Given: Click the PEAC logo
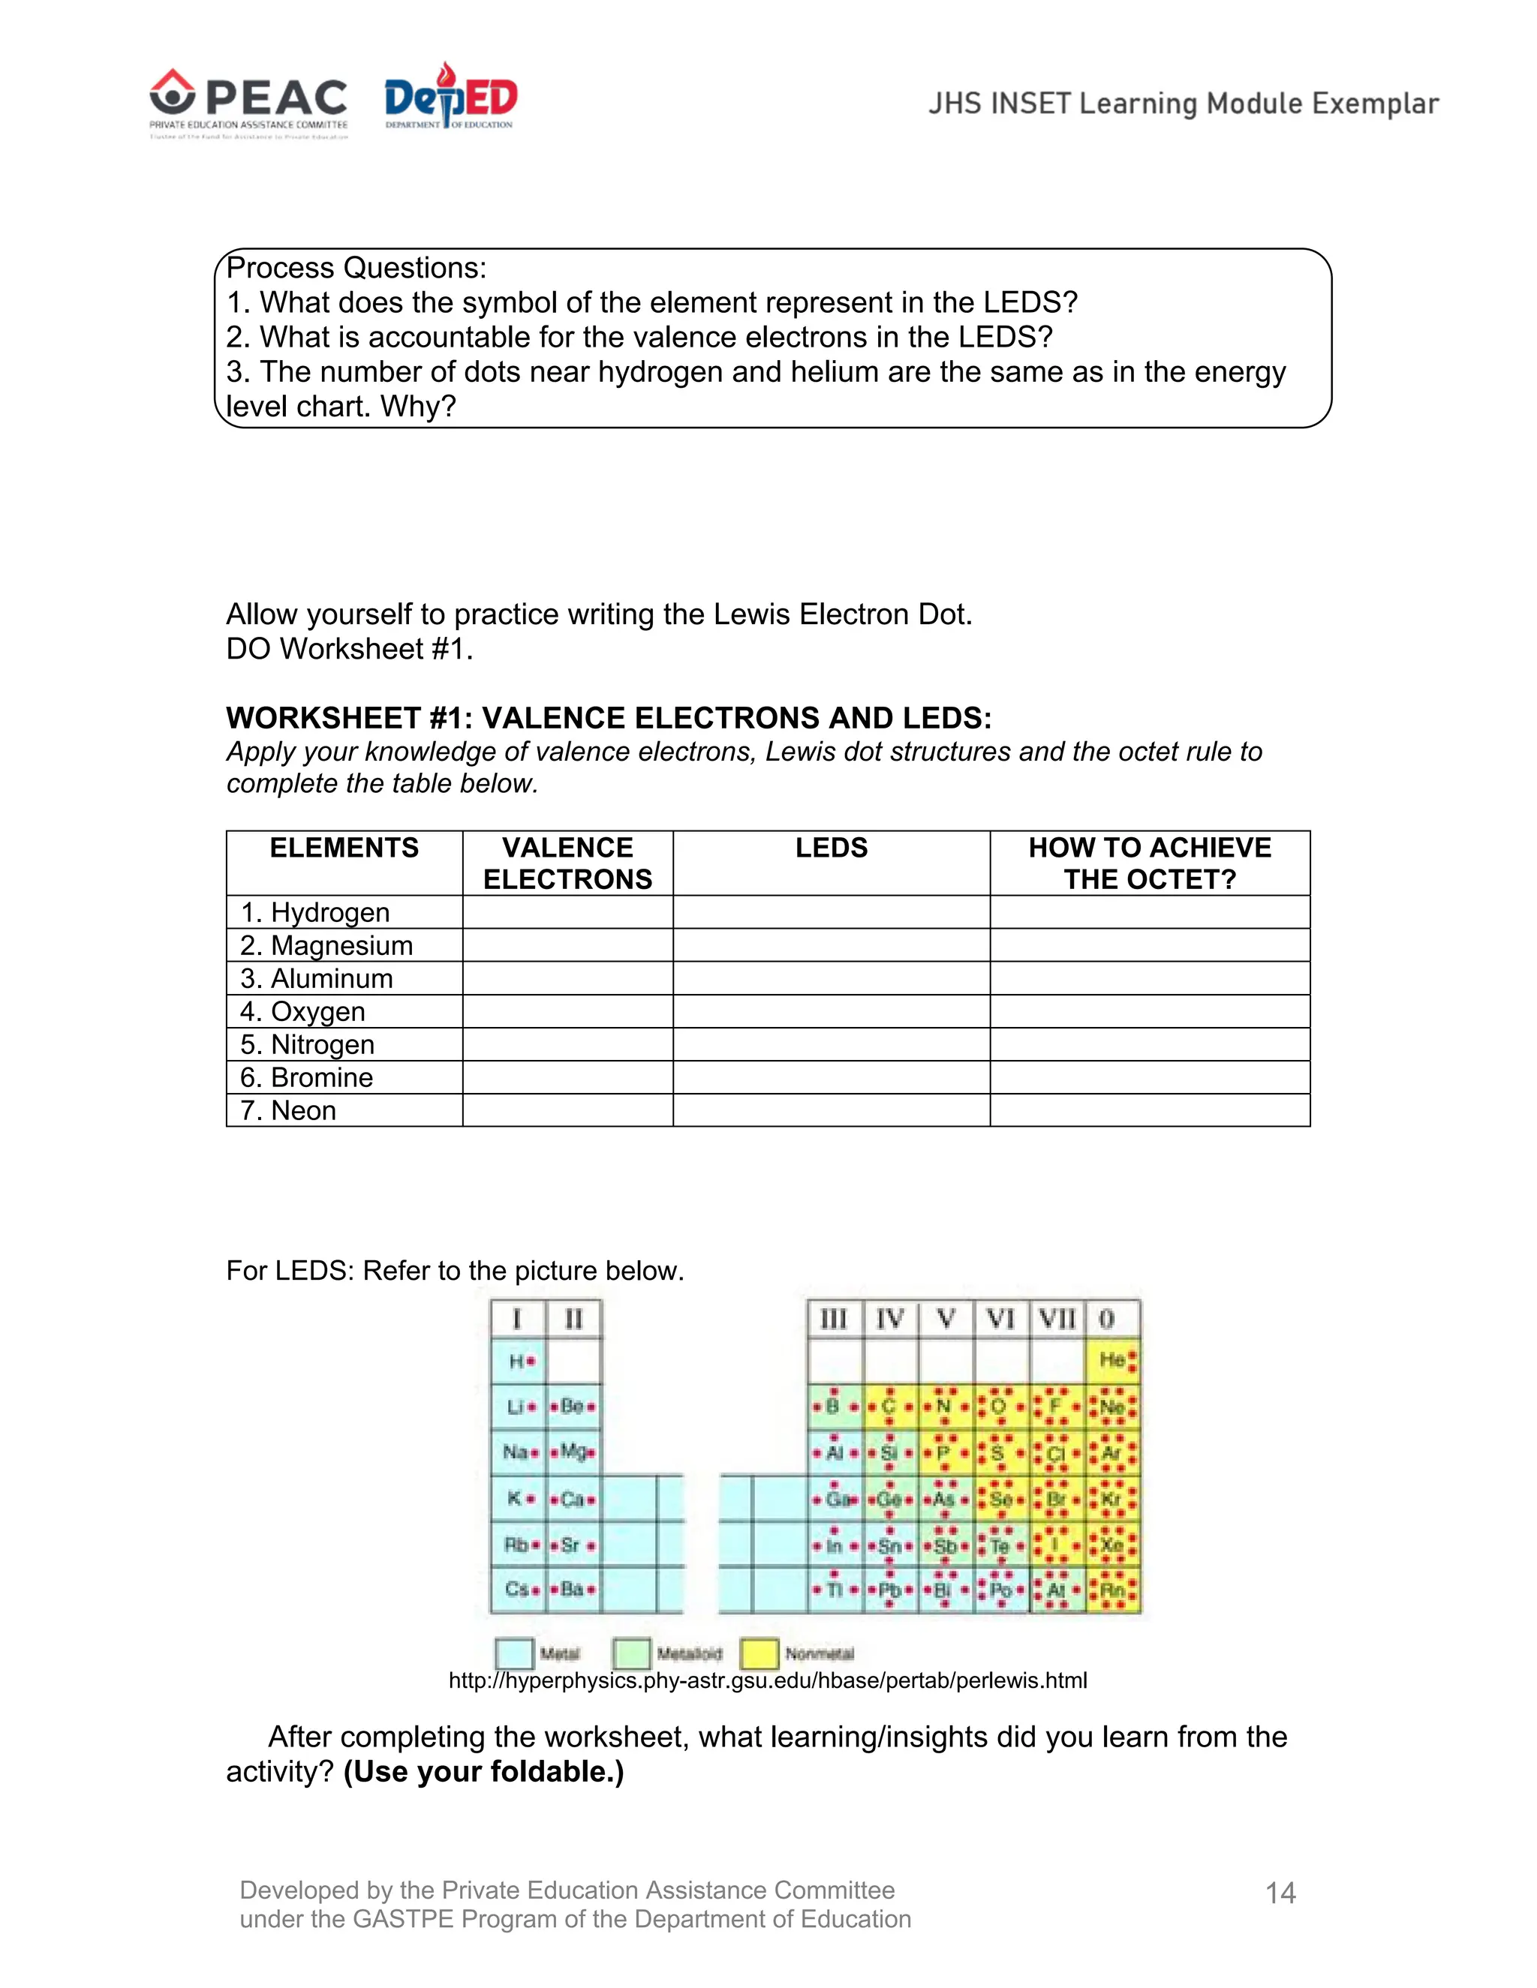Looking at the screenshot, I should click(x=248, y=102).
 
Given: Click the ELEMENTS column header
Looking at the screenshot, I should click(x=344, y=848).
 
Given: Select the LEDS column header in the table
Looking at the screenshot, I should click(x=831, y=848).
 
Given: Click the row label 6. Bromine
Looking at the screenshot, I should click(x=307, y=1078).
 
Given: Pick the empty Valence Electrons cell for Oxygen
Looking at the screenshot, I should click(x=567, y=1011).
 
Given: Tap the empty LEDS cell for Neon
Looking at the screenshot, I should click(x=831, y=1110).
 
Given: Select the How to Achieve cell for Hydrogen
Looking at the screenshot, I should click(x=1149, y=912).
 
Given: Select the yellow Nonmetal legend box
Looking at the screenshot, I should click(x=759, y=1653).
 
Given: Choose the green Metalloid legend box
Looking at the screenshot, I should click(x=631, y=1653).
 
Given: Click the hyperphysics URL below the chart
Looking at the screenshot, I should click(x=768, y=1680).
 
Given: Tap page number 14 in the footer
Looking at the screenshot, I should click(x=1280, y=1893).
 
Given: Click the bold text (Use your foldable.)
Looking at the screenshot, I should click(x=483, y=1772).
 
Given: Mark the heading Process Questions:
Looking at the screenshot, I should click(x=356, y=268).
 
